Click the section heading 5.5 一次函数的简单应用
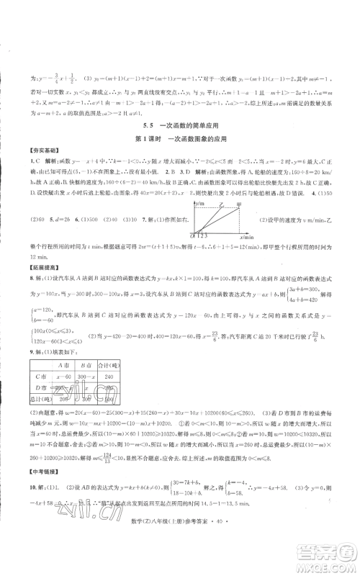coord(179,125)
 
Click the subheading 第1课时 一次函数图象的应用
coord(179,138)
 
